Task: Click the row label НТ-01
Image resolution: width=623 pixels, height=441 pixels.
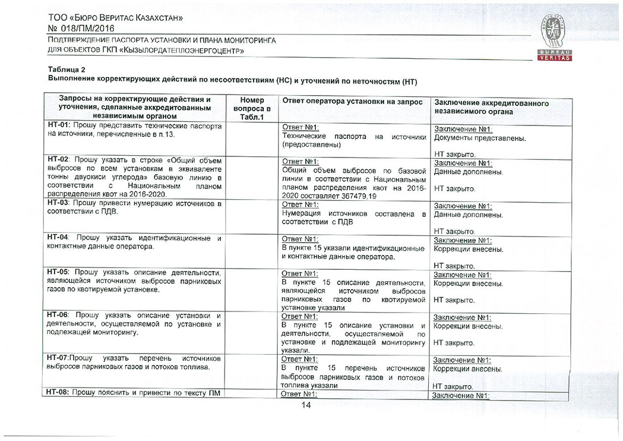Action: click(x=58, y=127)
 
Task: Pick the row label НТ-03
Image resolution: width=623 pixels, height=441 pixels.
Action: click(x=58, y=204)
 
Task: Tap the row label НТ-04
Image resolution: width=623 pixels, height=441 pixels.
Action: click(x=58, y=238)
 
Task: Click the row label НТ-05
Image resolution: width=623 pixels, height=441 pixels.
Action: click(x=58, y=273)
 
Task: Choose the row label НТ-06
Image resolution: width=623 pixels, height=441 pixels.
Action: click(x=58, y=315)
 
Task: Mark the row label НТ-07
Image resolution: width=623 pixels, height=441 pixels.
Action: click(x=58, y=358)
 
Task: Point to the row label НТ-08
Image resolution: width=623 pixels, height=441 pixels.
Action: click(x=58, y=393)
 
